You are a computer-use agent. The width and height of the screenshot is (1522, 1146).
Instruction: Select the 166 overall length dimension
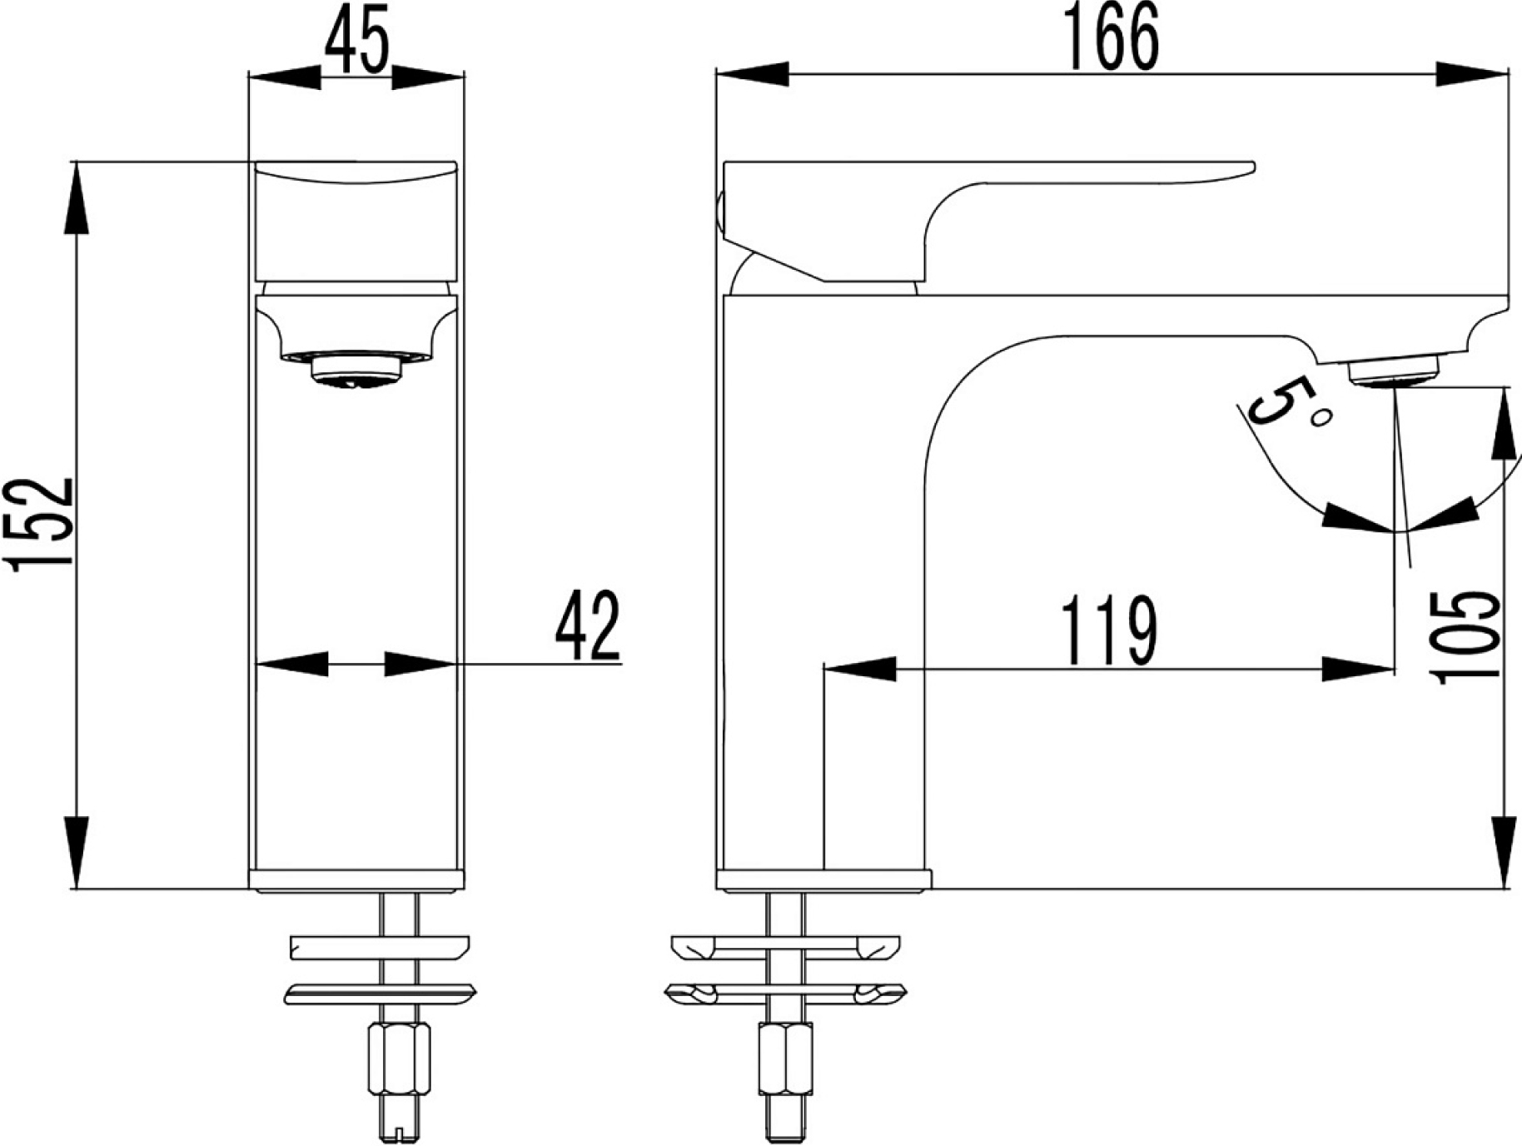click(x=1112, y=39)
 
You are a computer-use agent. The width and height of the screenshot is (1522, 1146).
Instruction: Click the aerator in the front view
click(x=356, y=371)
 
